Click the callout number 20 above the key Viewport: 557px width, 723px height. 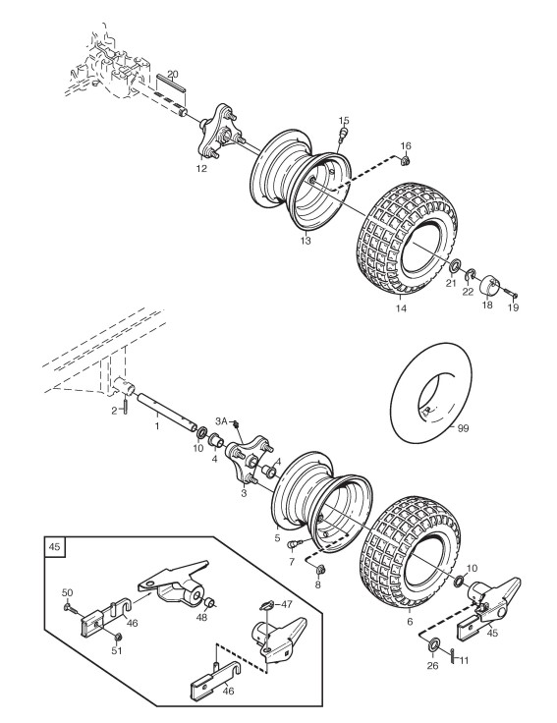(x=173, y=74)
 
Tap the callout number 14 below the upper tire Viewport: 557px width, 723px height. (x=401, y=308)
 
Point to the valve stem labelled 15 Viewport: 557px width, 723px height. (x=343, y=135)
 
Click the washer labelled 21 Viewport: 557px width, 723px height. (x=455, y=265)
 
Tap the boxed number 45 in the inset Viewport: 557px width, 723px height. (x=54, y=547)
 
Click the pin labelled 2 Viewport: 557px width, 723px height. (x=125, y=406)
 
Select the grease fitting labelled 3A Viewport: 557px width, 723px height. (x=236, y=423)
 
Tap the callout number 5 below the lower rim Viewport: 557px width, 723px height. (x=277, y=537)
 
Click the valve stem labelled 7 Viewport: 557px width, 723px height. (x=294, y=544)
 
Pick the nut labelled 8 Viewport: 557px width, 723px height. (x=321, y=570)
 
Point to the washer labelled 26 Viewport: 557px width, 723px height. (x=433, y=644)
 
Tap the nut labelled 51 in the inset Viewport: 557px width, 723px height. (x=118, y=637)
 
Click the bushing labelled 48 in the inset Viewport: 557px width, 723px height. (x=210, y=602)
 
